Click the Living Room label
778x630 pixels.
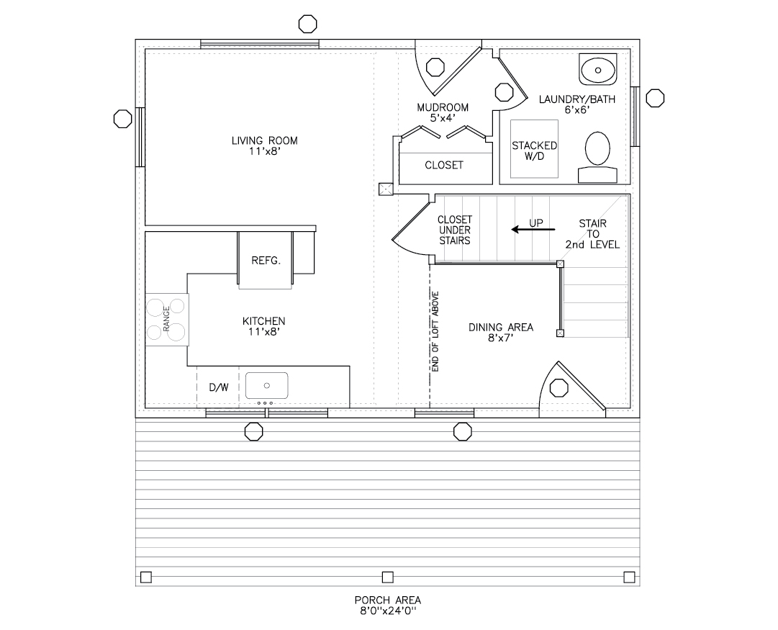[x=264, y=145]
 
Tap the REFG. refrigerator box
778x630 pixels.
[x=266, y=261]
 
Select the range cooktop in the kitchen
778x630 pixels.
[x=167, y=320]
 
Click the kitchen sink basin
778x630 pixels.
[x=266, y=386]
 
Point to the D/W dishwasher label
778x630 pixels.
[x=219, y=387]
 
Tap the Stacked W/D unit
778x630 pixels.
[x=534, y=150]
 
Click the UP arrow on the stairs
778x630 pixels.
[x=533, y=229]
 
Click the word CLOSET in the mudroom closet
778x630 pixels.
[x=444, y=165]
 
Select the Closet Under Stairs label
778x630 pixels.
[x=455, y=230]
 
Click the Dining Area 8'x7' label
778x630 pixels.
[x=501, y=333]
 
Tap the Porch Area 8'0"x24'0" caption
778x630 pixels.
[x=387, y=605]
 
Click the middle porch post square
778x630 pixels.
[x=387, y=577]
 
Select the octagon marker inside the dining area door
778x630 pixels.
[x=557, y=388]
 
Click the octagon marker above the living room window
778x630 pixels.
[x=307, y=24]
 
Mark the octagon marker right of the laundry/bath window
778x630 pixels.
[x=655, y=98]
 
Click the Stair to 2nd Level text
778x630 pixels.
[x=592, y=234]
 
